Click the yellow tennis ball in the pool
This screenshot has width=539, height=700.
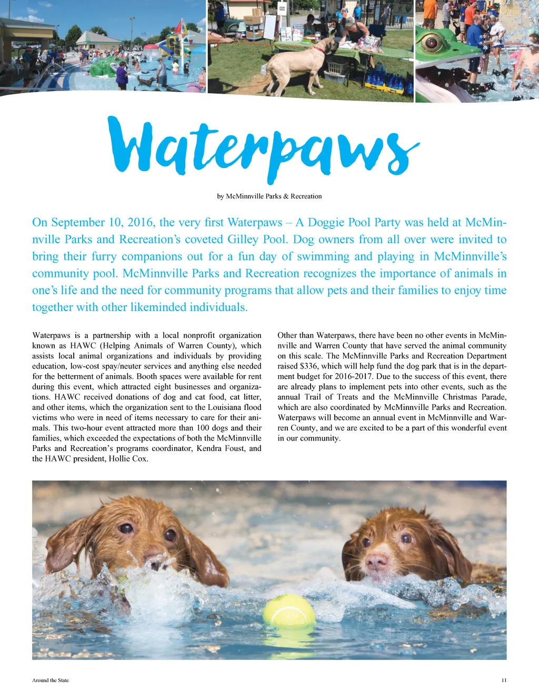(x=289, y=613)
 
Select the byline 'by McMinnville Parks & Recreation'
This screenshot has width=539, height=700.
(x=269, y=196)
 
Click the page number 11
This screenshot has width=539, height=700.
(x=504, y=681)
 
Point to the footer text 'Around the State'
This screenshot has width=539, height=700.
(x=51, y=681)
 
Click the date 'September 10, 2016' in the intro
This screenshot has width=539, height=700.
(x=103, y=223)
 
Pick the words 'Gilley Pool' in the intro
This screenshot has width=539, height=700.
(x=256, y=239)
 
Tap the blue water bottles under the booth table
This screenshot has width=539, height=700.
(x=387, y=82)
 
